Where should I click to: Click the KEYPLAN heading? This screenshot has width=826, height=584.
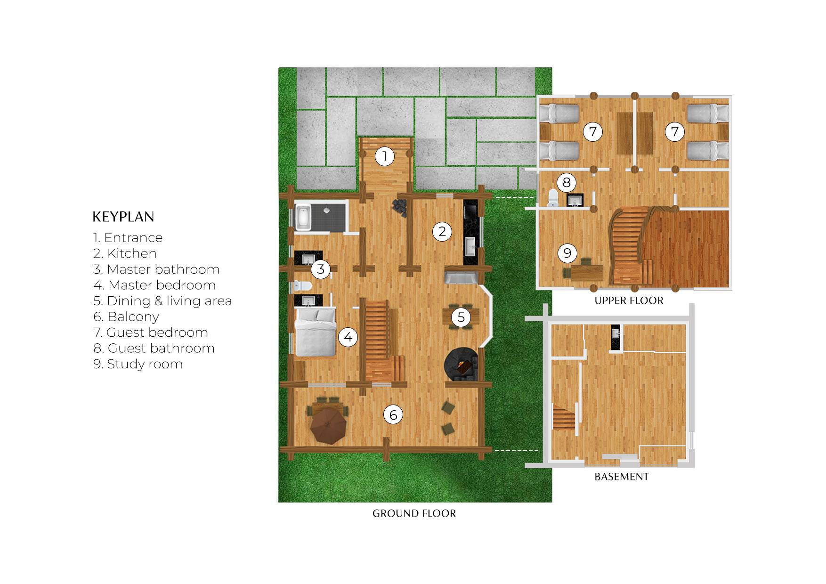(123, 217)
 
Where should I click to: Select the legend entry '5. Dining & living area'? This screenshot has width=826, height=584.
(162, 301)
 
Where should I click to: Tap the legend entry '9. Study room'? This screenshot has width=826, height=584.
(138, 364)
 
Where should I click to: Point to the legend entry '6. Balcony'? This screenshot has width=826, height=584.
(126, 316)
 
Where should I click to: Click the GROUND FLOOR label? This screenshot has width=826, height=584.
(414, 513)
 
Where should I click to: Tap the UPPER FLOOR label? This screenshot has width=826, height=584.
(629, 300)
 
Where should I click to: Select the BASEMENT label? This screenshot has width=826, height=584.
(622, 477)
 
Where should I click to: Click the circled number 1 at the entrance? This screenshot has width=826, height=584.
(385, 156)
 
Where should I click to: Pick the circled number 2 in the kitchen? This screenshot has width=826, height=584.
(442, 231)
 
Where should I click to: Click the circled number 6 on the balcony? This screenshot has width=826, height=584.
(393, 415)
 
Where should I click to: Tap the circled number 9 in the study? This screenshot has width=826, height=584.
(567, 253)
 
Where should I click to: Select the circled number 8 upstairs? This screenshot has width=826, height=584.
(567, 182)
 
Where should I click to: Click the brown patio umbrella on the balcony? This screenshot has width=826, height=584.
(328, 425)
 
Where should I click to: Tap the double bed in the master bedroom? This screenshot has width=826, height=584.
(315, 332)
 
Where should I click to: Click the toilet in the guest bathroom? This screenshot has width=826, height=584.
(553, 198)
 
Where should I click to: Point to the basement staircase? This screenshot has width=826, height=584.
(564, 419)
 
